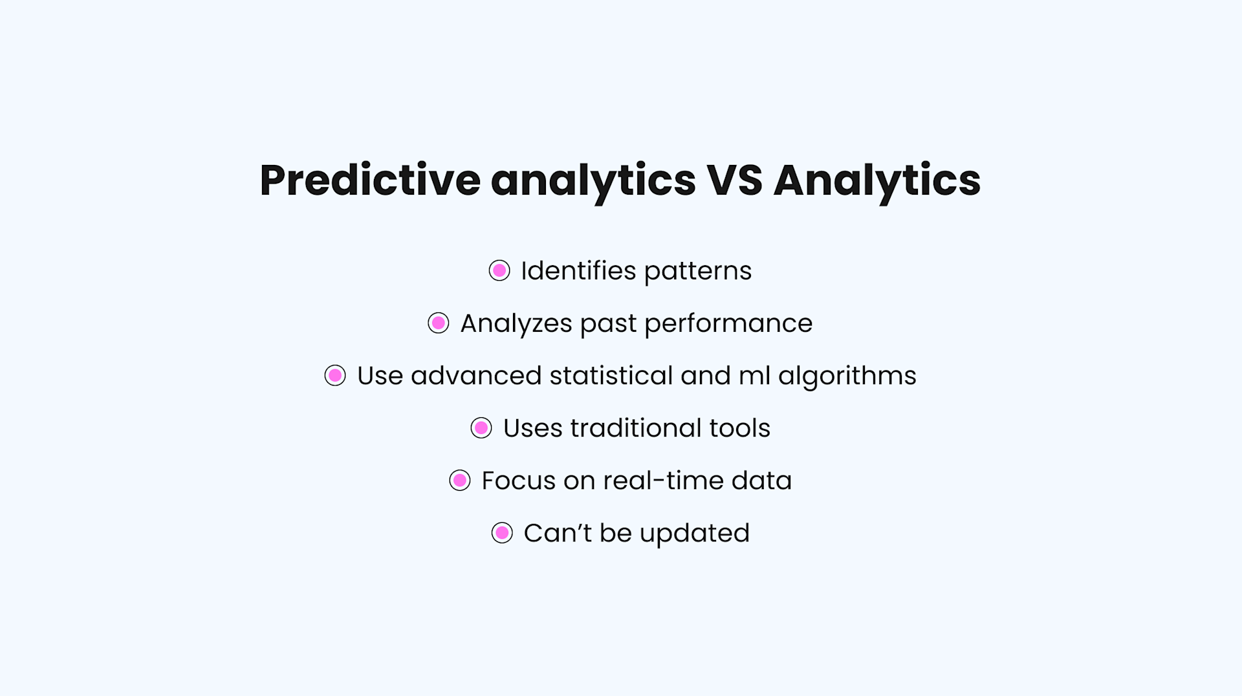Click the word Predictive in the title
point(369,180)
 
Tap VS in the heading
point(734,180)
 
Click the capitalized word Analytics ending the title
point(877,180)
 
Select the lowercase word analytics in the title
point(593,180)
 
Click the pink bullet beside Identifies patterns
point(499,270)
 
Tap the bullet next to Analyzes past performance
point(439,323)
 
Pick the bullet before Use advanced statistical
point(335,375)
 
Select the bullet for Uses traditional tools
point(481,428)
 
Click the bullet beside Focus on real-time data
point(460,480)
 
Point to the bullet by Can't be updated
point(502,533)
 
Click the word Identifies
point(578,270)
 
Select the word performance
point(728,323)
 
